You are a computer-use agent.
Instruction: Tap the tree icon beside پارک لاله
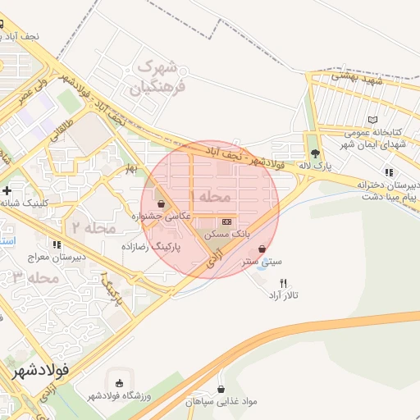point(314,153)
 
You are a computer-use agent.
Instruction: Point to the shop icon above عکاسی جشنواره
point(161,204)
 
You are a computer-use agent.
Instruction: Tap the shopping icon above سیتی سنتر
point(262,249)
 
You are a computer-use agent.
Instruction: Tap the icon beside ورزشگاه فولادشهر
point(120,383)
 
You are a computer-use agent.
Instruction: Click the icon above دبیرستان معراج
point(56,244)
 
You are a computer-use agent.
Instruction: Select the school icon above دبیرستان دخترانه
point(388,172)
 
